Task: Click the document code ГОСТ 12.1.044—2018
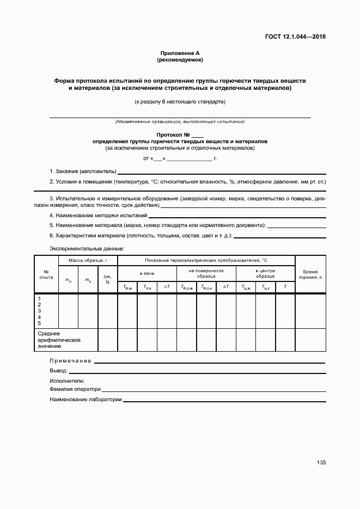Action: pyautogui.click(x=295, y=37)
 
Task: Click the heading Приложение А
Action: pyautogui.click(x=180, y=53)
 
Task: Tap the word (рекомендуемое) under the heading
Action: pyautogui.click(x=180, y=60)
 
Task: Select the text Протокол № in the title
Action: pyautogui.click(x=173, y=134)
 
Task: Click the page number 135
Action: pyautogui.click(x=321, y=463)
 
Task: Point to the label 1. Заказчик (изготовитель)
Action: pyautogui.click(x=83, y=171)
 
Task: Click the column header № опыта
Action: pyautogui.click(x=46, y=274)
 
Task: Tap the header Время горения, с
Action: pyautogui.click(x=310, y=274)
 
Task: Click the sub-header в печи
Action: pyautogui.click(x=147, y=273)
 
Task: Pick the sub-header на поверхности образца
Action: pyautogui.click(x=206, y=273)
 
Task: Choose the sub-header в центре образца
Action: pyautogui.click(x=265, y=273)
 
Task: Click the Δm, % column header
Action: pyautogui.click(x=107, y=279)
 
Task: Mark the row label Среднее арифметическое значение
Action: pyautogui.click(x=59, y=339)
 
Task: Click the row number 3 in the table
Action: pyautogui.click(x=39, y=311)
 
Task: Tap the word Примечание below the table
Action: pyautogui.click(x=70, y=361)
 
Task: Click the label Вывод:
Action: pyautogui.click(x=59, y=371)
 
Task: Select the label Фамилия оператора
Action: pyautogui.click(x=75, y=389)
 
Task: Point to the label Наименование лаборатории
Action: pyautogui.click(x=86, y=400)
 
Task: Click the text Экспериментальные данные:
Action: pyautogui.click(x=87, y=248)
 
